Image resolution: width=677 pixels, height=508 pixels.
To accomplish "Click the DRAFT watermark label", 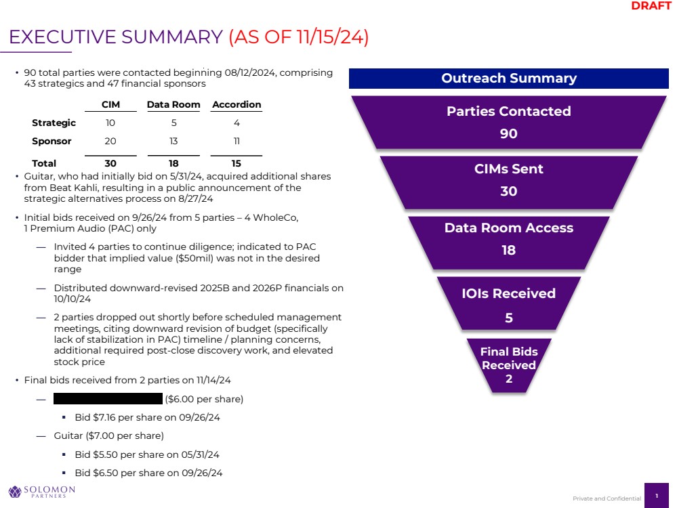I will coord(651,6).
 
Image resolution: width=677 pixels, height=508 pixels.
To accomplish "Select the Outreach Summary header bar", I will coord(508,79).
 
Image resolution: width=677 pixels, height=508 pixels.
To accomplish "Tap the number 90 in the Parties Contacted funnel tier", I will coord(508,133).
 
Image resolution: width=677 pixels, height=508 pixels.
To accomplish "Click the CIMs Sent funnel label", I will coord(508,169).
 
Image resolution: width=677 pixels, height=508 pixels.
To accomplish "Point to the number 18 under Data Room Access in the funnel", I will coord(508,250).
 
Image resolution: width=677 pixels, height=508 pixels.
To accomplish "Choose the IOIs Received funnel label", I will coord(508,293).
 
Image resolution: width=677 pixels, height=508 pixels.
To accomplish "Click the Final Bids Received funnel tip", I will coord(508,365).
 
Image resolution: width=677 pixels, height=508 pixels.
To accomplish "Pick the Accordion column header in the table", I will coord(237,105).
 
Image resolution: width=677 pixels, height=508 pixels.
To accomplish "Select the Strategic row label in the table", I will coord(54,123).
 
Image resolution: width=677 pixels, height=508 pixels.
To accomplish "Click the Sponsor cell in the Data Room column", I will coord(173,142).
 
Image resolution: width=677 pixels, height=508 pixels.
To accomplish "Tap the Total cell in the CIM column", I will coord(110,163).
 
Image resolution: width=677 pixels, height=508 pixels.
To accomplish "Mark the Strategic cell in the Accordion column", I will coord(237,123).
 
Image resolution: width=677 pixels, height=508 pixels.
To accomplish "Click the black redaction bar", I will coord(108,399).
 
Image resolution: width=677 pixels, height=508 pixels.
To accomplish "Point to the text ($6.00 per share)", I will coord(204,399).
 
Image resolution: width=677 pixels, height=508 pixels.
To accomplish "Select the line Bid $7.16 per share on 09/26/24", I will coord(147,417).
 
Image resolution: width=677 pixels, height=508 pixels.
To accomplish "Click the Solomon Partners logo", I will coord(41,491).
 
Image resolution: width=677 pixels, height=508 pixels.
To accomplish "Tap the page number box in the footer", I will coord(656,496).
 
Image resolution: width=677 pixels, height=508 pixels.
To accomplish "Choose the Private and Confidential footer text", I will coord(607,499).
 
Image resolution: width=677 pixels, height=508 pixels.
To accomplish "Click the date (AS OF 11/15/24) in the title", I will coord(299,37).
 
